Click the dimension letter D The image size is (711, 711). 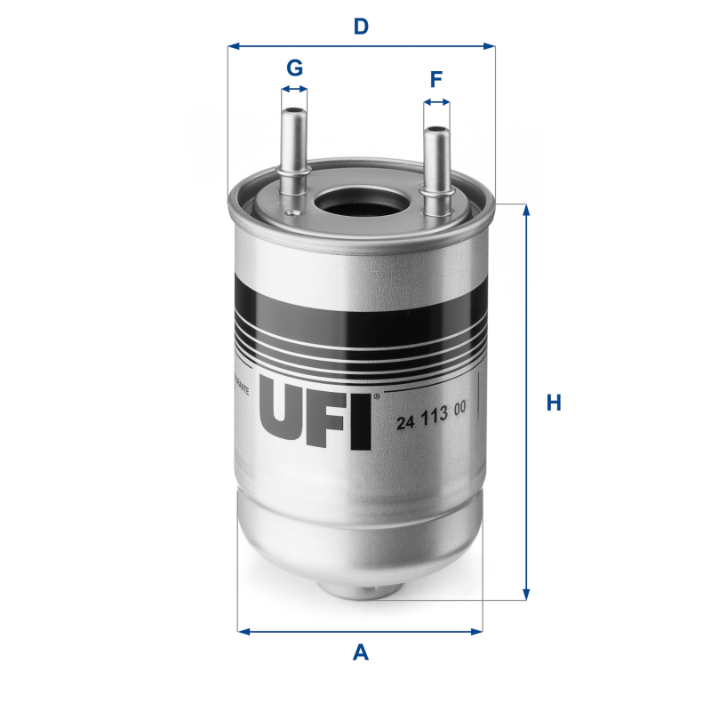(x=360, y=26)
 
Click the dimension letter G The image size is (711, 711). (x=294, y=68)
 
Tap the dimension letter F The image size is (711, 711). (x=435, y=80)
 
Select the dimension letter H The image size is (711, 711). (x=554, y=403)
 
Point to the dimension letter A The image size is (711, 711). (x=360, y=653)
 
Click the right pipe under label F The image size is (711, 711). (x=435, y=164)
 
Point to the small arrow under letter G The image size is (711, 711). (x=294, y=90)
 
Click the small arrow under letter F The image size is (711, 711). (x=436, y=103)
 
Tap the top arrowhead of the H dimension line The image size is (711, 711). (x=527, y=211)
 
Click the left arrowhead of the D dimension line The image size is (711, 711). (x=234, y=45)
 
